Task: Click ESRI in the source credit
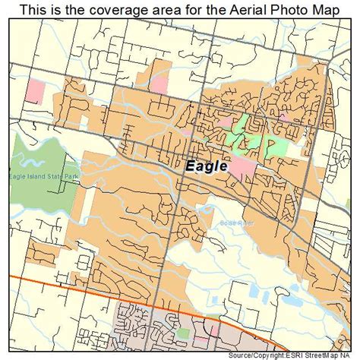point(295,355)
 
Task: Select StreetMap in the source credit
point(324,355)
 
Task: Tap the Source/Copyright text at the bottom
point(258,355)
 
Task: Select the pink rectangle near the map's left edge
point(35,92)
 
